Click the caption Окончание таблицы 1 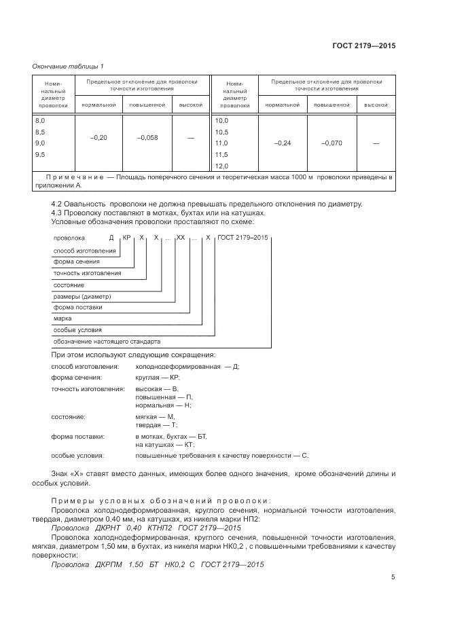tap(68, 66)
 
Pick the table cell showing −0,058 tap(147, 138)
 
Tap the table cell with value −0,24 tap(282, 143)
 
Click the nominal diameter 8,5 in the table tap(40, 132)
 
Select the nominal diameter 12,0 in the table tap(221, 166)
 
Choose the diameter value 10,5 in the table tap(221, 132)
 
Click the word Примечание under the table tap(75, 177)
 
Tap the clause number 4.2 tap(57, 204)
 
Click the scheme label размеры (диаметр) tap(82, 297)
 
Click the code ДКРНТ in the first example tap(107, 528)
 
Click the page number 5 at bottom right tap(393, 577)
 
